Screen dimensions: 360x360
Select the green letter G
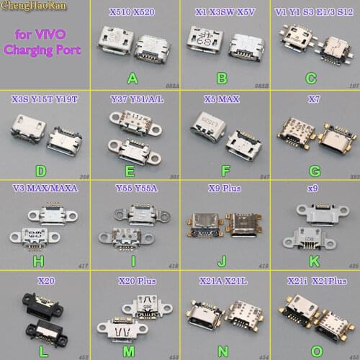click(x=312, y=166)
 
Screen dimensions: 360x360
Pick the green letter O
click(x=312, y=346)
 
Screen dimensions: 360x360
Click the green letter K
click(x=312, y=256)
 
